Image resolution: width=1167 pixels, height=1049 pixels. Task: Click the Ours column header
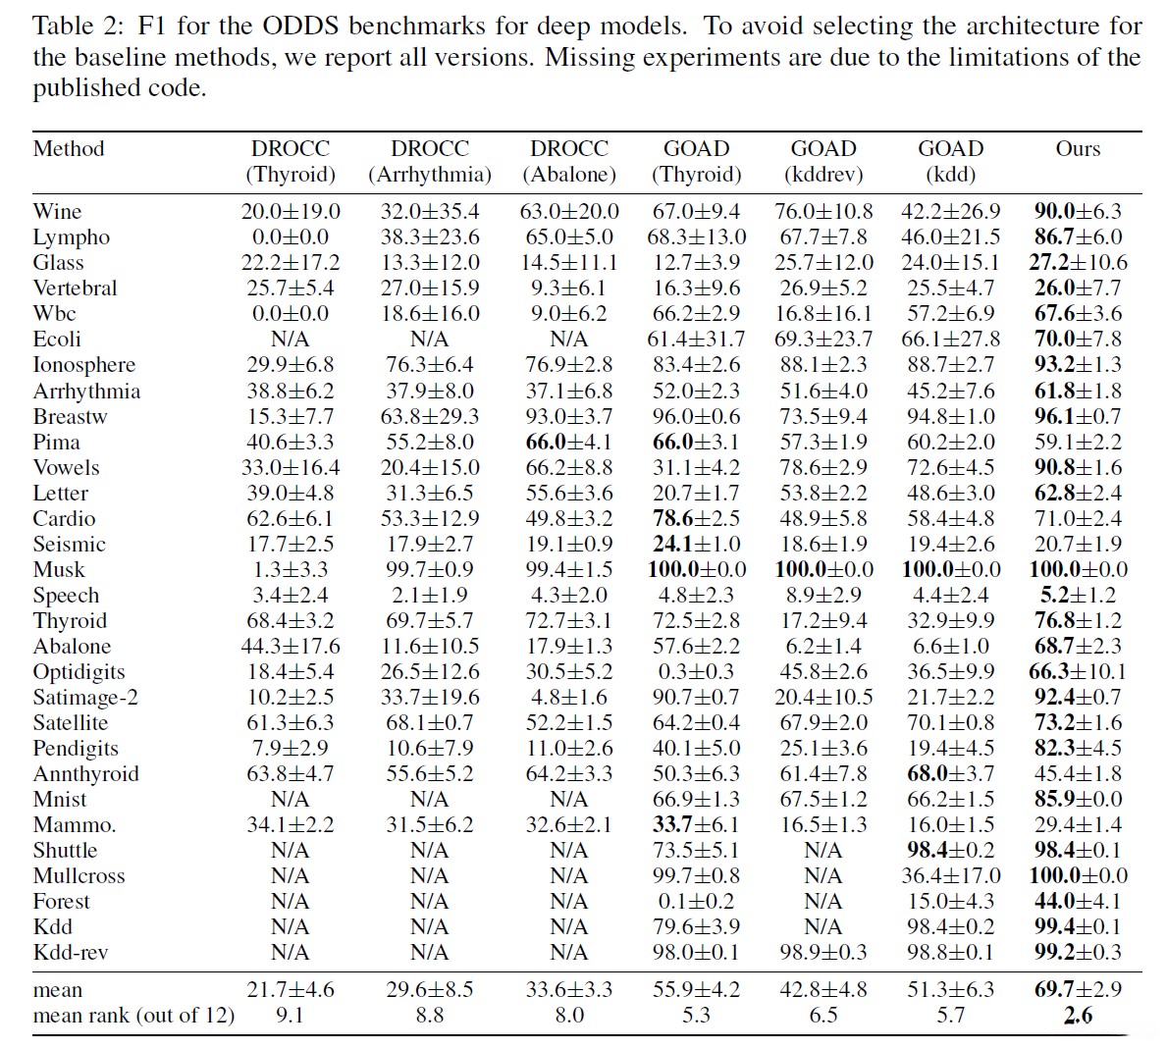pos(1077,149)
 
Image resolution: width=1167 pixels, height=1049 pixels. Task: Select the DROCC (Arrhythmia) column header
pos(430,162)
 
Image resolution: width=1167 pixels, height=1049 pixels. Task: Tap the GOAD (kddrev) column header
pos(822,162)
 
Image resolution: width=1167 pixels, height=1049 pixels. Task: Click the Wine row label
pos(57,212)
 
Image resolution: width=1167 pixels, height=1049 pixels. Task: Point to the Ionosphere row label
pos(84,365)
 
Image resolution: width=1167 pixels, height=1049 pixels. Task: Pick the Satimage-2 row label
pos(85,698)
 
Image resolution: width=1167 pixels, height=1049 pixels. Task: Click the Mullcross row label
pos(79,876)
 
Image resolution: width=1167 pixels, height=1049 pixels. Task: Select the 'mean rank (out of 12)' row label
pos(133,1016)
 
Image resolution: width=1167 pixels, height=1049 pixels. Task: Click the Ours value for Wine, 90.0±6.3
pos(1077,212)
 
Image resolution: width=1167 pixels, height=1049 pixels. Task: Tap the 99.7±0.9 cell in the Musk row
pos(430,570)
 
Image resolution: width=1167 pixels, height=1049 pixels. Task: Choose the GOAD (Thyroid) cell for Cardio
pos(696,519)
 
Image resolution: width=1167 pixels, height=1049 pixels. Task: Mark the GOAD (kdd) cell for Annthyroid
pos(950,774)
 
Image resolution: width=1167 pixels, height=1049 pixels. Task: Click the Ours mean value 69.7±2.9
pos(1077,990)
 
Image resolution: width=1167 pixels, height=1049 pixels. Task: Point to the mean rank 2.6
pos(1077,1016)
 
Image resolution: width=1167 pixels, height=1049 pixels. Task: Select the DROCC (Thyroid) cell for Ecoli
pos(291,340)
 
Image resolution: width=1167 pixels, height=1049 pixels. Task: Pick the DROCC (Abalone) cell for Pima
pos(569,443)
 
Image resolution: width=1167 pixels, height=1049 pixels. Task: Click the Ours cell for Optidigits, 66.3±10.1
pos(1077,672)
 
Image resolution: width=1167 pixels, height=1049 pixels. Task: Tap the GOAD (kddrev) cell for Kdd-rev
pos(822,953)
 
